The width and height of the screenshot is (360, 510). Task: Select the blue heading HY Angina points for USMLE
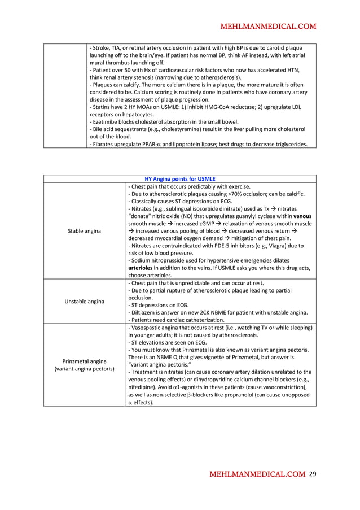tap(180, 179)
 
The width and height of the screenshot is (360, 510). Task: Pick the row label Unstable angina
tap(85, 301)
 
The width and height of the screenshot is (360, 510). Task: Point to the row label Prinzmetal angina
tap(85, 361)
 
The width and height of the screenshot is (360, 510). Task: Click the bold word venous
tap(302, 216)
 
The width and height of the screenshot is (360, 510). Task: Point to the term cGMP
tap(191, 224)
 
